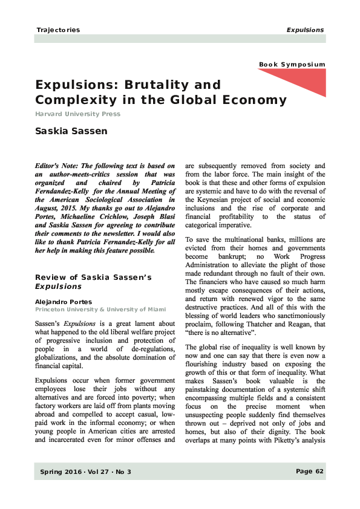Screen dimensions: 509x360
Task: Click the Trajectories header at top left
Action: pos(58,30)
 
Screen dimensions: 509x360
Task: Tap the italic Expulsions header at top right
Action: pos(306,30)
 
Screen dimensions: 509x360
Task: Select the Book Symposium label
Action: pos(292,65)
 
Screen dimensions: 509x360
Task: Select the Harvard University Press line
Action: pos(77,114)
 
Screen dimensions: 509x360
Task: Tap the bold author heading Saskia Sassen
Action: pos(71,131)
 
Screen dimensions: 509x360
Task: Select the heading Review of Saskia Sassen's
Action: pos(93,277)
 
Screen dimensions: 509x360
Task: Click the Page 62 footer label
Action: pos(310,472)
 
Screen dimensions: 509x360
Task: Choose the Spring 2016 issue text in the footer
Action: pos(60,472)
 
